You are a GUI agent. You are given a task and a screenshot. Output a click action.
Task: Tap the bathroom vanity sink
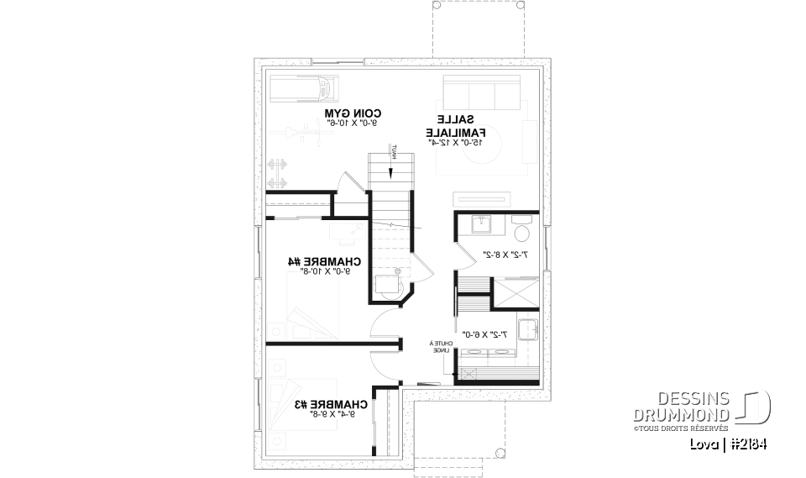pyautogui.click(x=482, y=225)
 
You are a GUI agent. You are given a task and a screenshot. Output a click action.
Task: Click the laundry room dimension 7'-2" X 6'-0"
pyautogui.click(x=488, y=334)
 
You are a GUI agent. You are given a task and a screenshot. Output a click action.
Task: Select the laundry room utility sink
pyautogui.click(x=526, y=330)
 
